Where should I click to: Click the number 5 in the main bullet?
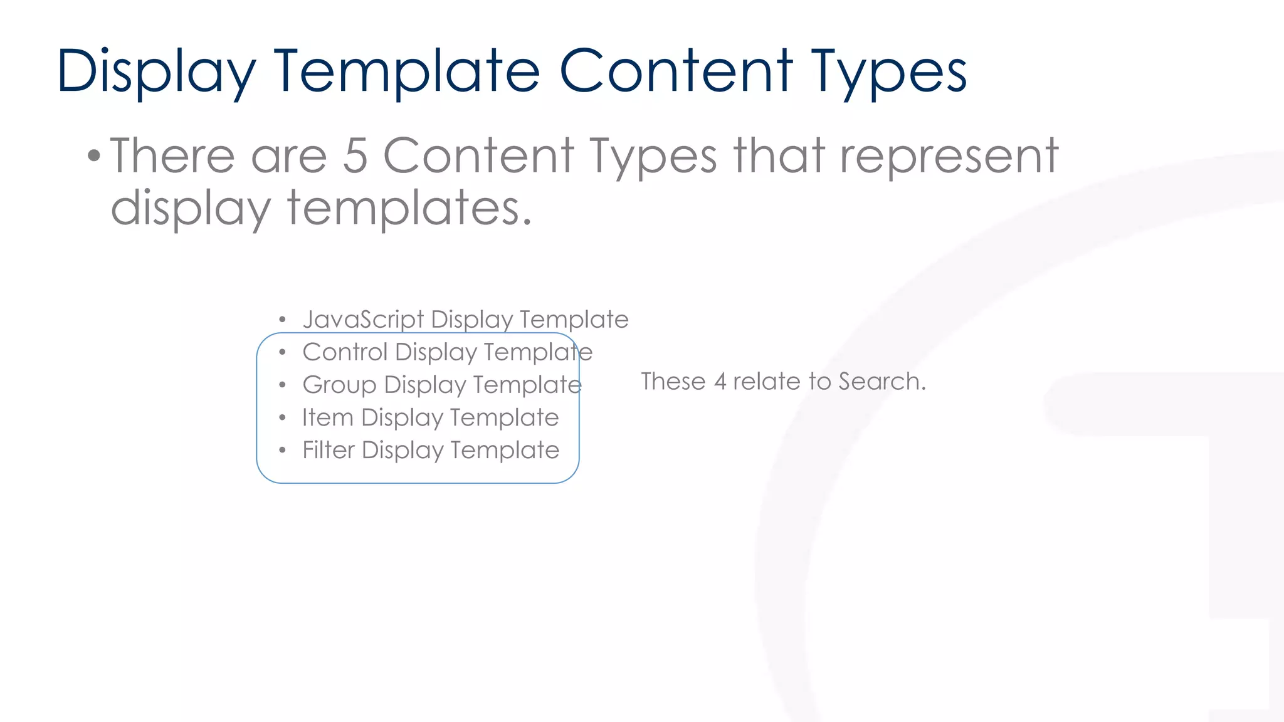[x=355, y=156]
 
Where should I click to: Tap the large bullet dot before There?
[x=94, y=155]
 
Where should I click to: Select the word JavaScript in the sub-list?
[x=363, y=320]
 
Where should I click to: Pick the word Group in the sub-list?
[x=339, y=385]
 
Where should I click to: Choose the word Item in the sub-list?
[x=327, y=417]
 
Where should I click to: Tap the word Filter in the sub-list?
[x=329, y=450]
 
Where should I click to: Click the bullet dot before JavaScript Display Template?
[x=283, y=320]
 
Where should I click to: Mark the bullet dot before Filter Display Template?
[x=283, y=450]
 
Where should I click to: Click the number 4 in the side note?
[x=720, y=382]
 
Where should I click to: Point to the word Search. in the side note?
[x=882, y=382]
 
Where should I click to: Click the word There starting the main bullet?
[x=172, y=156]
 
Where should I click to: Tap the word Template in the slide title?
[x=407, y=72]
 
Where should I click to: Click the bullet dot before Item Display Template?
[x=283, y=417]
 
